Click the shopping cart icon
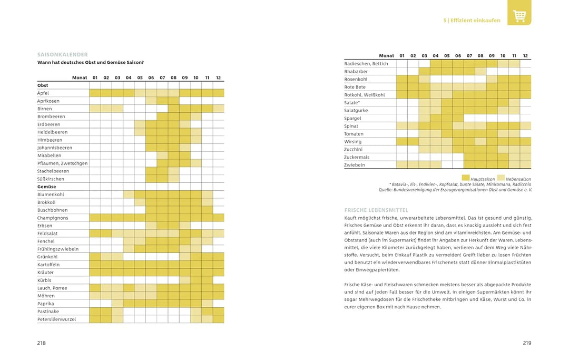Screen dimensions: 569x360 (519, 16)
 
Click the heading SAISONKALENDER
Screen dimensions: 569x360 (62, 54)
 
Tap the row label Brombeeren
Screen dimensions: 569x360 (51, 116)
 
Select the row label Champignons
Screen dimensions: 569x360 (53, 218)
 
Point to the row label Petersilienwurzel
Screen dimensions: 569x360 (56, 319)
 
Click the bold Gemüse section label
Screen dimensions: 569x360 (46, 187)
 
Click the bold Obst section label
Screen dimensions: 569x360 (43, 85)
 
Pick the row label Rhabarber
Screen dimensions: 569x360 (356, 72)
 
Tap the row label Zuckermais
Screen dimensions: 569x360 (357, 157)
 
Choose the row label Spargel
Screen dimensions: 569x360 (352, 118)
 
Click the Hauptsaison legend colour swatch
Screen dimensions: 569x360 (465, 178)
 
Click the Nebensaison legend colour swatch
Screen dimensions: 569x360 (501, 178)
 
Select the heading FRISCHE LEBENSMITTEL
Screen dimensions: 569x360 (376, 210)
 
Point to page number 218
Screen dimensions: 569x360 (42, 343)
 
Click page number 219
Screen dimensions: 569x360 (527, 343)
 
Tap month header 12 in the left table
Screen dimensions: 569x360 (218, 77)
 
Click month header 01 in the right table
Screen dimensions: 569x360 (401, 55)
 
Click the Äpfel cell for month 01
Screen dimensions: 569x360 (95, 93)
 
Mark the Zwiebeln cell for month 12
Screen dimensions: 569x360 (525, 165)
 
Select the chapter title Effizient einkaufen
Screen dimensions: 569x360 (475, 21)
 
